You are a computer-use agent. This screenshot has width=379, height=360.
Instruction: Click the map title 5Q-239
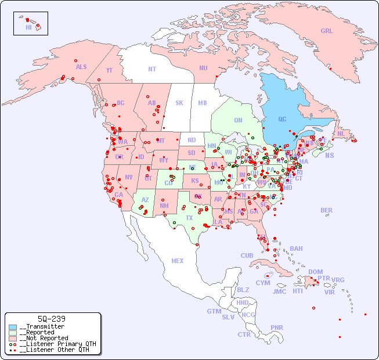point(51,319)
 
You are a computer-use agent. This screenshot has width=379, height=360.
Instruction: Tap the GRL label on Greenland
point(327,31)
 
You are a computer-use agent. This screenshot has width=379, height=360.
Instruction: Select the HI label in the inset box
point(28,27)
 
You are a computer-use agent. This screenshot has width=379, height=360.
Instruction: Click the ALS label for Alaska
point(81,67)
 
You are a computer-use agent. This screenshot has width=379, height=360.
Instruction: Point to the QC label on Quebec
point(282,120)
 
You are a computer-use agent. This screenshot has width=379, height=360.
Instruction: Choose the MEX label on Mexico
point(177,261)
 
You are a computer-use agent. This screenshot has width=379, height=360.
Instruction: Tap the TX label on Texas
point(189,218)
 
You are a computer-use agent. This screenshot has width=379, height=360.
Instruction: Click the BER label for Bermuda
point(326,210)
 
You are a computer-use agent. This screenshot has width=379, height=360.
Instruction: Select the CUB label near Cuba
point(247,255)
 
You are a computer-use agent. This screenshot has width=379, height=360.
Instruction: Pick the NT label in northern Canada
point(152,69)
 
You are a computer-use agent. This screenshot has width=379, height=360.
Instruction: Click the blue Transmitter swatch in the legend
point(13,327)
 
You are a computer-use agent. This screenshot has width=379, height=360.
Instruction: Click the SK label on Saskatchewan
point(179,103)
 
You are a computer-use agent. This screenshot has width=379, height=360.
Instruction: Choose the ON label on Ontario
point(238,121)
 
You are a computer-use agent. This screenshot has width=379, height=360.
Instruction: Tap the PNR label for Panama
point(277,327)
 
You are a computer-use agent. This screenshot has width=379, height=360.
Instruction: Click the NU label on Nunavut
point(203,68)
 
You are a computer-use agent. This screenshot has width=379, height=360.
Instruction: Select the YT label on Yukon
point(109,70)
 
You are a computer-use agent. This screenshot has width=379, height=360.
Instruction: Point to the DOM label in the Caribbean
point(315,272)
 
